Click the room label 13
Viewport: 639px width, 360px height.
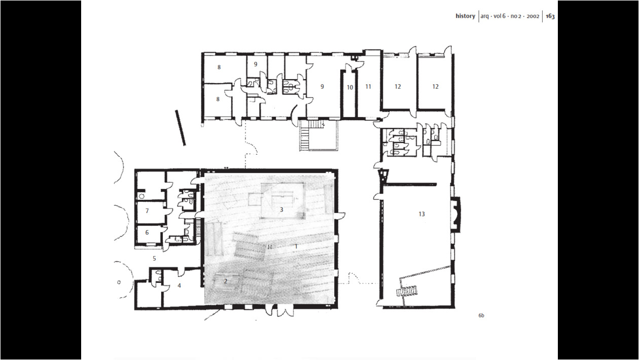pyautogui.click(x=421, y=214)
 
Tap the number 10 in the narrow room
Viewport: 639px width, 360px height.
pyautogui.click(x=350, y=88)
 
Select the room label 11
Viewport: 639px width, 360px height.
pyautogui.click(x=368, y=86)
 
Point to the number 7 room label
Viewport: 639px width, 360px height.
pyautogui.click(x=147, y=211)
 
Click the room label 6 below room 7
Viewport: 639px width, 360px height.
pyautogui.click(x=147, y=233)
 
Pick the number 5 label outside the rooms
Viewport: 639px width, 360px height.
pyautogui.click(x=154, y=259)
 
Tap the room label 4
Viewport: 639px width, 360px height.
pyautogui.click(x=179, y=285)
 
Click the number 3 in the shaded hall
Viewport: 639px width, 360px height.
pyautogui.click(x=281, y=210)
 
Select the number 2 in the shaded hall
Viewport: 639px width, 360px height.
pyautogui.click(x=225, y=281)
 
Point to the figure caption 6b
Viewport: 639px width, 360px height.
pyautogui.click(x=481, y=315)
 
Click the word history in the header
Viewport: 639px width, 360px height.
pyautogui.click(x=465, y=16)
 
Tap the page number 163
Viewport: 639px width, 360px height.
pyautogui.click(x=550, y=16)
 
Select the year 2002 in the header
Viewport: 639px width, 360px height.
pyautogui.click(x=533, y=16)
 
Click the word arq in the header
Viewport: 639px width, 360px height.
pyautogui.click(x=484, y=16)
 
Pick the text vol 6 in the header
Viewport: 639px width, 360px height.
pyautogui.click(x=500, y=16)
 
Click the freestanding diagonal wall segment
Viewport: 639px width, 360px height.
pyautogui.click(x=181, y=128)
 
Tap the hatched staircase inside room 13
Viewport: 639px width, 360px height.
pyautogui.click(x=407, y=291)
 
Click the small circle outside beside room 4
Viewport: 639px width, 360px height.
pyautogui.click(x=119, y=282)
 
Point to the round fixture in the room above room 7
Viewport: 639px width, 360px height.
pyautogui.click(x=141, y=196)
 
